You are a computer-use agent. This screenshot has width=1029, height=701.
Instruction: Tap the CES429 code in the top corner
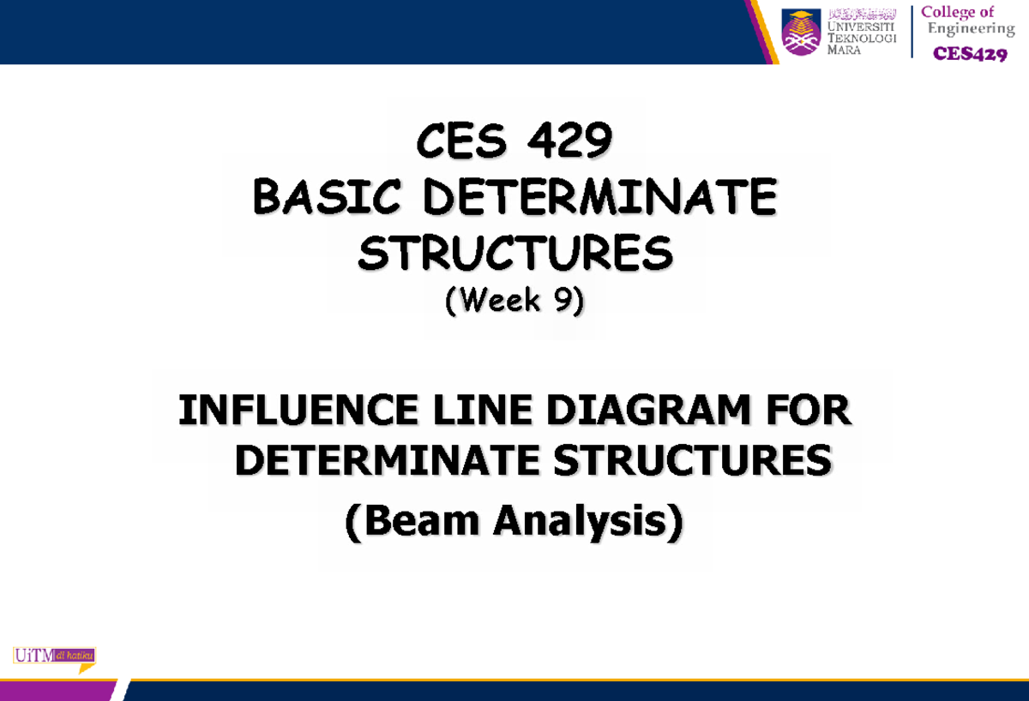[x=970, y=55]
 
